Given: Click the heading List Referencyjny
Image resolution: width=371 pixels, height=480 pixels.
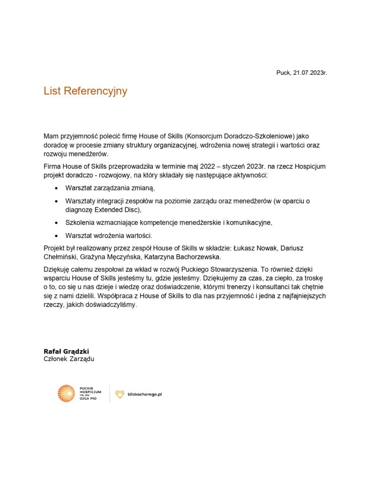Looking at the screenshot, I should (x=85, y=91).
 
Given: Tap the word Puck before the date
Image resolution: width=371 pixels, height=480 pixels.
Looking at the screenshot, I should (x=283, y=73).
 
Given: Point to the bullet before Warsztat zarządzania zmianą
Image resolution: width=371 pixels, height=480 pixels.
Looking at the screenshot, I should (x=57, y=188).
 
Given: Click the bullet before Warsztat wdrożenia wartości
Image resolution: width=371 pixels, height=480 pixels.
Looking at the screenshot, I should (x=57, y=235).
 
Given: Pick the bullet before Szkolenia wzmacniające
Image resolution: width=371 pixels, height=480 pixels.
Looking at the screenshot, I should (x=57, y=222).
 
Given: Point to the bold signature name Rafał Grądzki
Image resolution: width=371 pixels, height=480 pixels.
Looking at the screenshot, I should (x=66, y=351).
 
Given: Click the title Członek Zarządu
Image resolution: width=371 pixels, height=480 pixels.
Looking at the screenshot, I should (x=69, y=359).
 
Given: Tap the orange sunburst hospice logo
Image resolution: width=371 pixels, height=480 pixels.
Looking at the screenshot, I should (x=66, y=393).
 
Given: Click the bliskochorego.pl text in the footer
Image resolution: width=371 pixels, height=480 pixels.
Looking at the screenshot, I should (x=144, y=394).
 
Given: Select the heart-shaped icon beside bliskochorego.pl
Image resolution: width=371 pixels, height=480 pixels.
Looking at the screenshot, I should (x=120, y=394).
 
